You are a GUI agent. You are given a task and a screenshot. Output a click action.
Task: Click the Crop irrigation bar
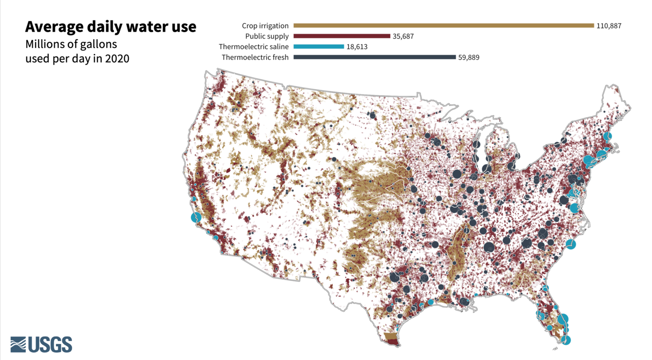pyautogui.click(x=443, y=25)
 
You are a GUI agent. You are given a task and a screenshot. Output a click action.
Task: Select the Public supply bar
pyautogui.click(x=342, y=36)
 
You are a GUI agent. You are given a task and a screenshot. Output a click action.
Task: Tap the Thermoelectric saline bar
pyautogui.click(x=319, y=47)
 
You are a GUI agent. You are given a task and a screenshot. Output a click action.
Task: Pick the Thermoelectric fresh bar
pyautogui.click(x=374, y=58)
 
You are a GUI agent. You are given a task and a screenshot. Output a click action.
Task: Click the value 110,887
pyautogui.click(x=609, y=26)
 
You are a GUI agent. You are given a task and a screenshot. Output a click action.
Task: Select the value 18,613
pyautogui.click(x=357, y=47)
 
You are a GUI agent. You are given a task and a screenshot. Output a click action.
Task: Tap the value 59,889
pyautogui.click(x=469, y=58)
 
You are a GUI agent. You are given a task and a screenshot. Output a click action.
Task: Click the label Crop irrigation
pyautogui.click(x=265, y=26)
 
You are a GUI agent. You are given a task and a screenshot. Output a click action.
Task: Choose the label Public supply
pyautogui.click(x=267, y=36)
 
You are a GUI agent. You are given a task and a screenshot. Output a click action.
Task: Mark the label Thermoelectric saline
pyautogui.click(x=253, y=47)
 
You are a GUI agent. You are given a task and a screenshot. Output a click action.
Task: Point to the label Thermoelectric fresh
pyautogui.click(x=255, y=58)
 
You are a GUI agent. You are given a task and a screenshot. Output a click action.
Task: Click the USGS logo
pyautogui.click(x=41, y=344)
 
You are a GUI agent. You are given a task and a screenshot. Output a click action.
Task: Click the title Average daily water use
pyautogui.click(x=111, y=26)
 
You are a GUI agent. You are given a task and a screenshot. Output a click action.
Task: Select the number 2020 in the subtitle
pyautogui.click(x=117, y=59)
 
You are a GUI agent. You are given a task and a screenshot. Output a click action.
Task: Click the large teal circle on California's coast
pyautogui.click(x=196, y=218)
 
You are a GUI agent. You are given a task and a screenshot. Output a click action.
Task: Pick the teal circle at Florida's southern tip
pyautogui.click(x=566, y=340)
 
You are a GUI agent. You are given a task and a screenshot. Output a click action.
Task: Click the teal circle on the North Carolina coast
pyautogui.click(x=570, y=244)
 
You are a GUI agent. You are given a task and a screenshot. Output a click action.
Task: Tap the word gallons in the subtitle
pyautogui.click(x=99, y=44)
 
